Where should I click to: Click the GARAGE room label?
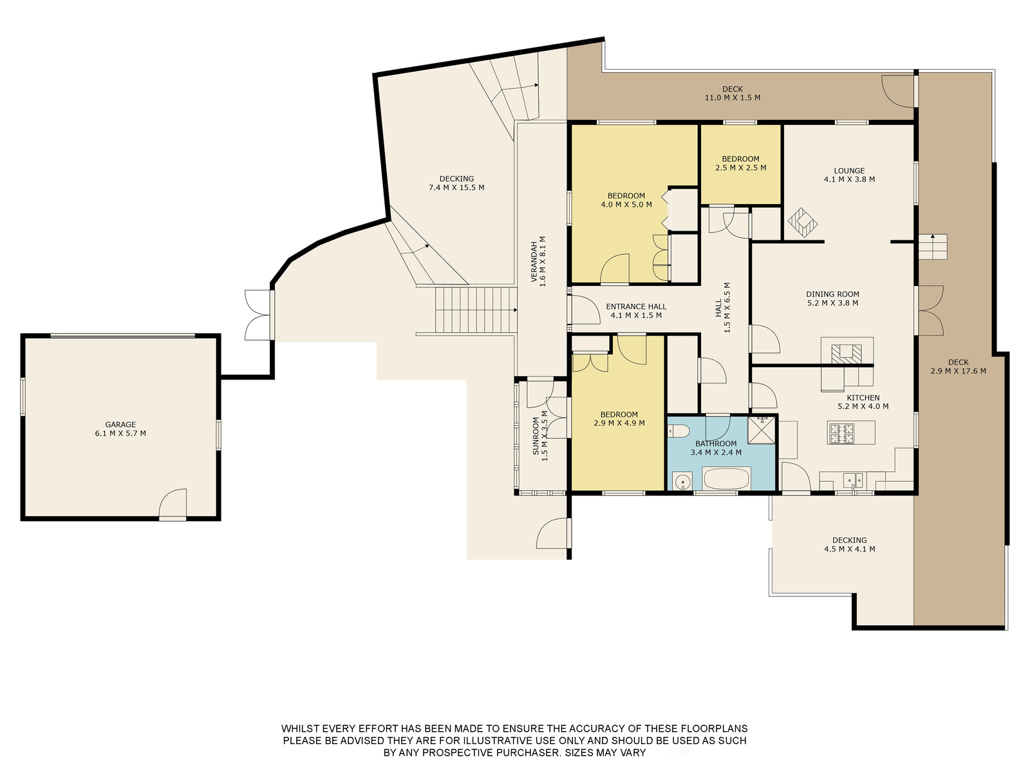[x=120, y=425]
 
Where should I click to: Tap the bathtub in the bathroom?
[x=726, y=479]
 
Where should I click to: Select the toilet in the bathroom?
[x=678, y=431]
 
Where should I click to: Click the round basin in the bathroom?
[x=682, y=482]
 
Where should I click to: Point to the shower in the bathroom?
[x=761, y=430]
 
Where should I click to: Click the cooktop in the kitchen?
[x=841, y=434]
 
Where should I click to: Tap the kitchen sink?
[x=853, y=480]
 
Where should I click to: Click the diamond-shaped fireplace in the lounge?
[x=802, y=222]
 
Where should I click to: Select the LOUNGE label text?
[x=849, y=171]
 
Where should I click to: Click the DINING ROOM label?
[x=832, y=294]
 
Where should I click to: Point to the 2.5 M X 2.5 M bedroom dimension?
[x=740, y=167]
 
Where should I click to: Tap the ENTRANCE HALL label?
[x=636, y=307]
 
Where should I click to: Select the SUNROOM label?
[x=536, y=436]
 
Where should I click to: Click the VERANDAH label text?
[x=534, y=262]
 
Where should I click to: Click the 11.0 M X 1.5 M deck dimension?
[x=733, y=98]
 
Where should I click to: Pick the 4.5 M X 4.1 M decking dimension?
[x=849, y=549]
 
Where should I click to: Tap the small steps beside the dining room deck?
[x=932, y=247]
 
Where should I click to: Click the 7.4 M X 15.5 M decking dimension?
[x=456, y=187]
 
